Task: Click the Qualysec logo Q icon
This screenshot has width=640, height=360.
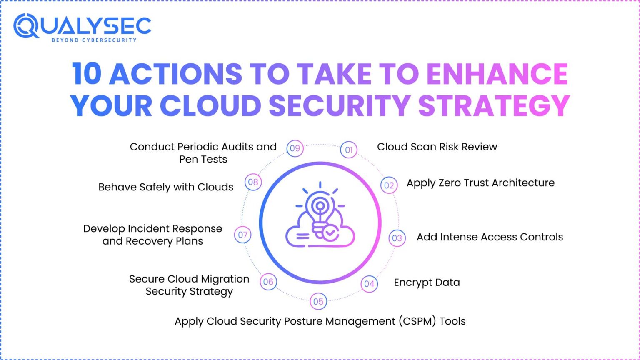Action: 26,26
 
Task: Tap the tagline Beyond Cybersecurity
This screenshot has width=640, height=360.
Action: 94,40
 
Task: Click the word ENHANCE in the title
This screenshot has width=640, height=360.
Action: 497,74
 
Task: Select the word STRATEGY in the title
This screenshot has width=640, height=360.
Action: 494,105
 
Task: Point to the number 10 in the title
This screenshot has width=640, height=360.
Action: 87,74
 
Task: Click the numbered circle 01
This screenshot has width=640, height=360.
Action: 349,150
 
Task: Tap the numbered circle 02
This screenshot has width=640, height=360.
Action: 389,185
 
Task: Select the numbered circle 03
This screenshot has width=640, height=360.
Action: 397,238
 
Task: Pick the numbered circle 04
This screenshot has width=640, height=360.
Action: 369,284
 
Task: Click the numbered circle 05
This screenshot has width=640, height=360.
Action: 318,301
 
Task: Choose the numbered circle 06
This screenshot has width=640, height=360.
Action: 268,282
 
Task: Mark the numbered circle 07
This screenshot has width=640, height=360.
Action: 242,235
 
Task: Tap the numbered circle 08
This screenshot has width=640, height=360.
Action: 253,182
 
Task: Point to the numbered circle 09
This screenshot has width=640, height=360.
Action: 295,148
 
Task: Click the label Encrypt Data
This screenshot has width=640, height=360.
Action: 427,282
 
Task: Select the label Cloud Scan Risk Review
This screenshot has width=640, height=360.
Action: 437,147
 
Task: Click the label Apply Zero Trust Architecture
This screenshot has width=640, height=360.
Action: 480,183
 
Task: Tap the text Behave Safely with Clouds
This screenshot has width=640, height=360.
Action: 166,187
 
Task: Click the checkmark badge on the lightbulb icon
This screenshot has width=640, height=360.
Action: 331,233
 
